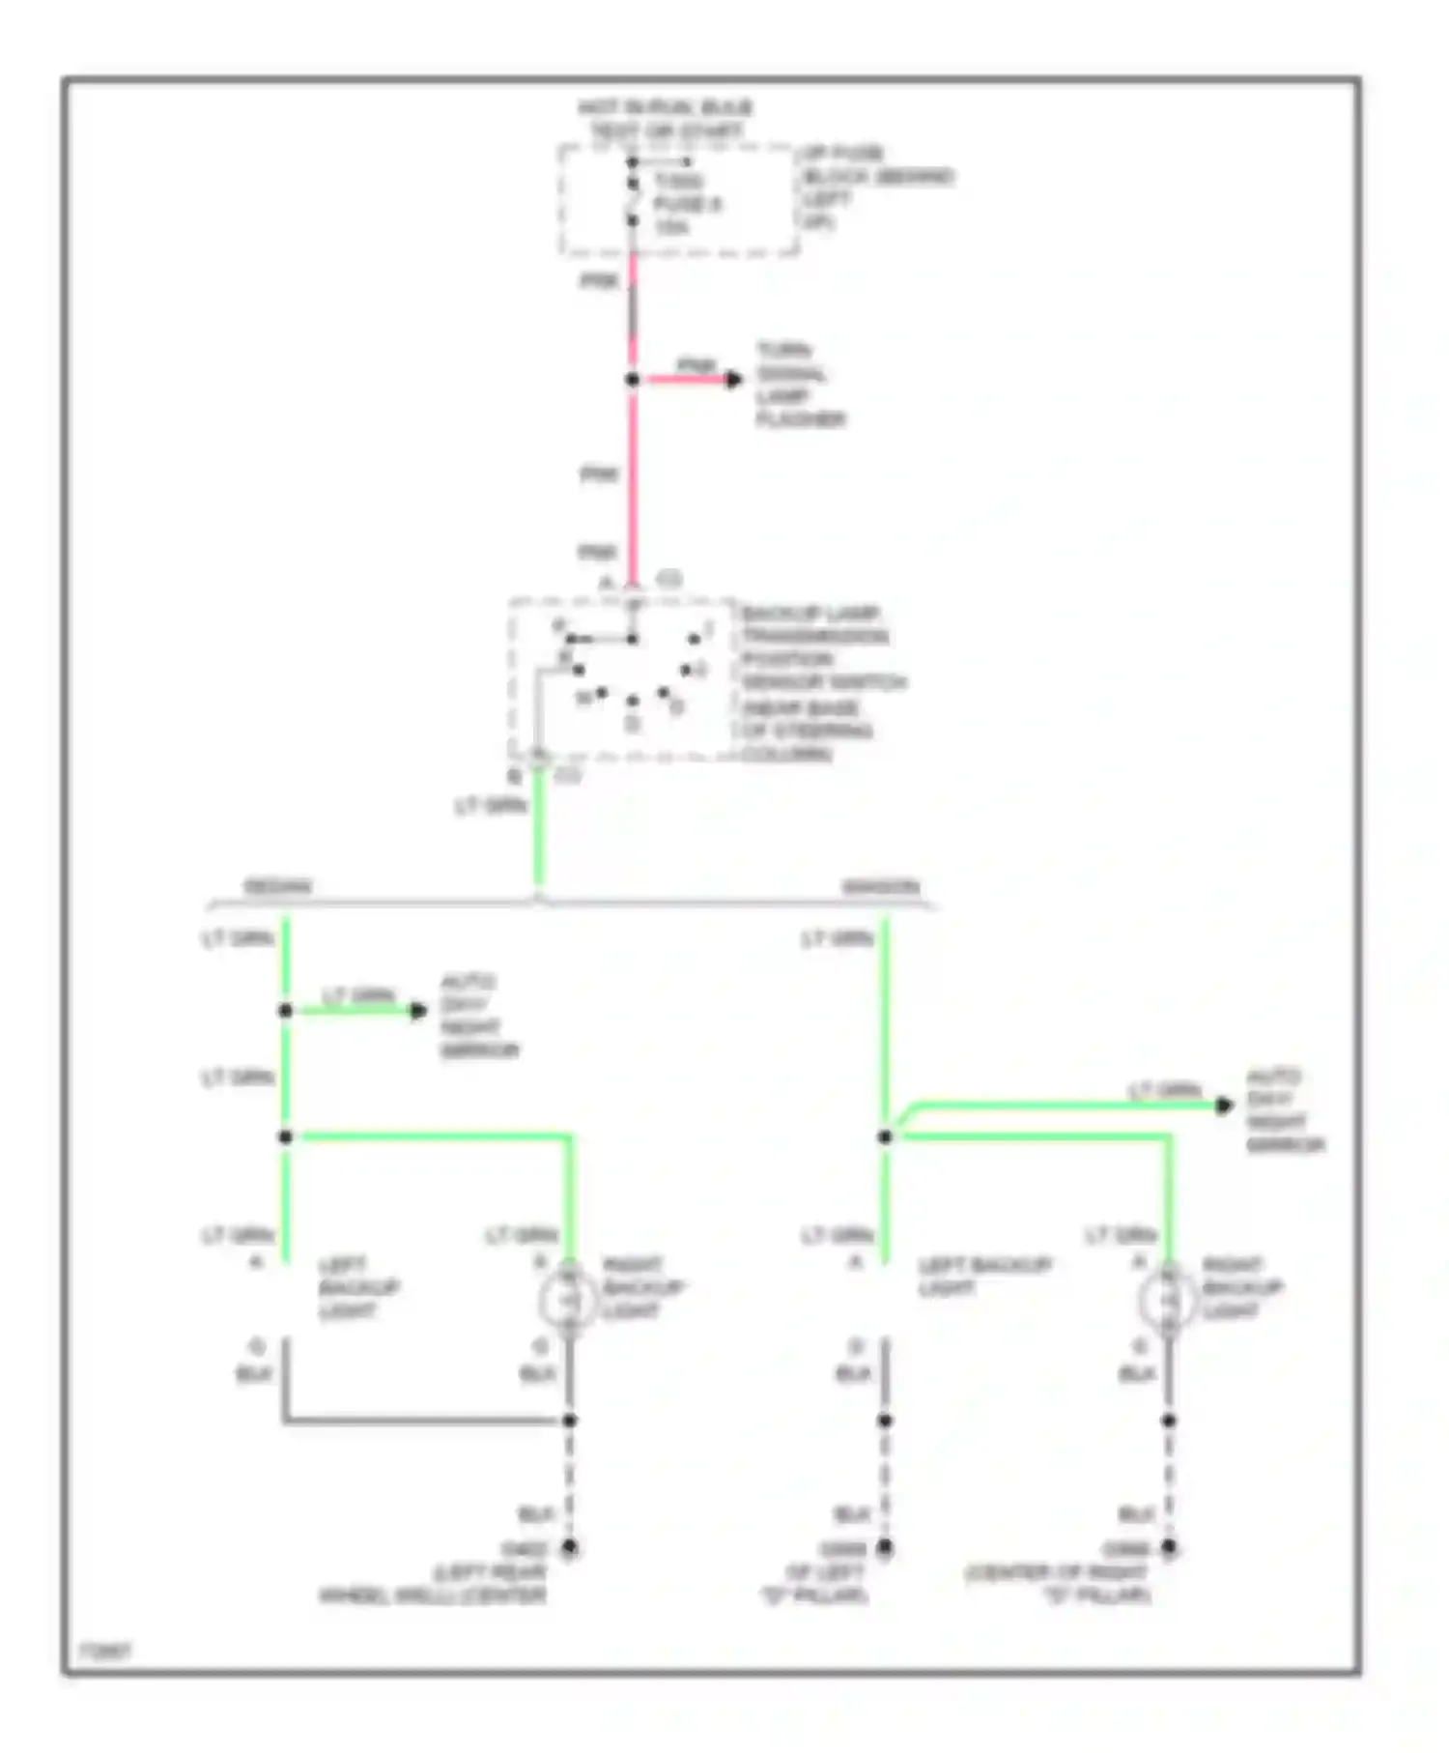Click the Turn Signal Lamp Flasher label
(x=799, y=385)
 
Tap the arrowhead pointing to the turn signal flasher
(x=734, y=380)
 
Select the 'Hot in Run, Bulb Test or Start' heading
(x=666, y=119)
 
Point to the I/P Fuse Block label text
(x=876, y=187)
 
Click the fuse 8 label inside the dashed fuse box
(x=686, y=204)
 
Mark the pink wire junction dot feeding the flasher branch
(x=633, y=380)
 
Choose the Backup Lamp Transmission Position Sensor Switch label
(x=823, y=683)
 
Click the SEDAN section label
(x=277, y=886)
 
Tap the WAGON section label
(x=880, y=886)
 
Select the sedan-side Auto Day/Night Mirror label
(x=479, y=1016)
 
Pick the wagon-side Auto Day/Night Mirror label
(x=1285, y=1110)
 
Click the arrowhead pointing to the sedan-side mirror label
(x=418, y=1011)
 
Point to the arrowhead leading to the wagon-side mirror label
(x=1224, y=1105)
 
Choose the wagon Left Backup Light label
(x=983, y=1277)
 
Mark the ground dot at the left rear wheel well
(x=570, y=1547)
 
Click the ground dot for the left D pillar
(x=885, y=1547)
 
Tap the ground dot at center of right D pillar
(x=1169, y=1547)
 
